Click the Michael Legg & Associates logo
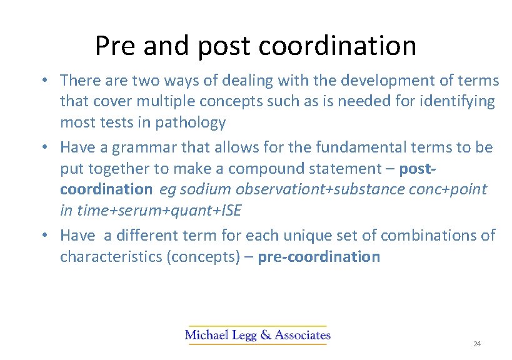[x=258, y=335]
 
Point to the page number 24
[x=477, y=344]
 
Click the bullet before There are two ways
[x=46, y=81]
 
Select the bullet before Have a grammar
[x=46, y=148]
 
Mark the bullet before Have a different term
[x=46, y=236]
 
